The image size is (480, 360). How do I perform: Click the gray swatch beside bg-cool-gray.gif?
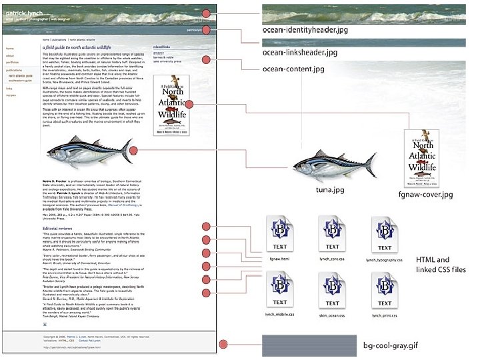(304, 347)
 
